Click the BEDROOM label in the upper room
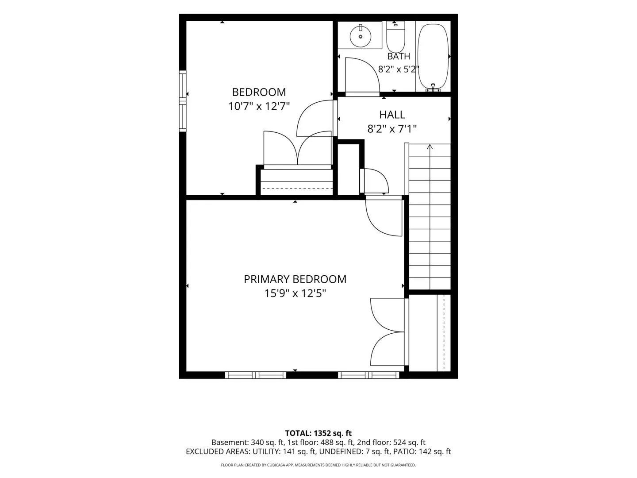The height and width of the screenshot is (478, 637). tap(259, 92)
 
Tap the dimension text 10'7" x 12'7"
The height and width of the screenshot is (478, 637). tap(259, 107)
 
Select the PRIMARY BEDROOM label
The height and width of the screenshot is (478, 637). tap(295, 279)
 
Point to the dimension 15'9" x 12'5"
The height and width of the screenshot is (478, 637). tap(295, 293)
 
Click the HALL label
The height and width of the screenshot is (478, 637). tap(392, 115)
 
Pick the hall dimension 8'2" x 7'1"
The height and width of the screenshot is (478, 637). tap(392, 129)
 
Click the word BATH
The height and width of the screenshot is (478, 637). tap(399, 56)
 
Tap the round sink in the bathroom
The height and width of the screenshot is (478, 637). tap(361, 37)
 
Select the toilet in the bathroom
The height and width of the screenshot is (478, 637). tap(395, 37)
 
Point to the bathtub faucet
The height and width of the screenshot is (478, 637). tap(433, 87)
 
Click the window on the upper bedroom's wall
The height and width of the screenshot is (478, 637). tap(182, 101)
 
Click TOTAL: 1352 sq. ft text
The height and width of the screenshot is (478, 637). tap(318, 433)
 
